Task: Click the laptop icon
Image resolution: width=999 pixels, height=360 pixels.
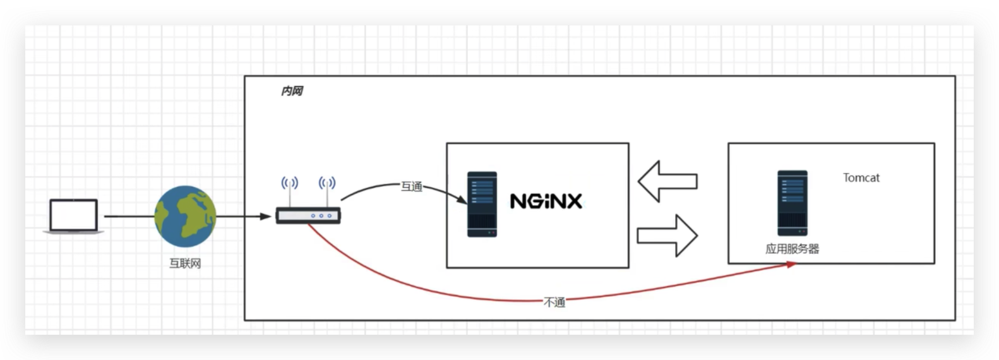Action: pos(74,216)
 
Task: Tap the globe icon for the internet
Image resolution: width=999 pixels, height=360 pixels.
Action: pos(185,217)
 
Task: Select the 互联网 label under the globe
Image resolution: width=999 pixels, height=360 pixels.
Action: pos(185,263)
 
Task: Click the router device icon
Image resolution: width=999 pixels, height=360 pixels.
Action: pos(308,215)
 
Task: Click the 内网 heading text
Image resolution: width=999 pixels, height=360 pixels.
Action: pos(292,92)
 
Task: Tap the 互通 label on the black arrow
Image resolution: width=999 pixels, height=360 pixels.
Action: pos(412,186)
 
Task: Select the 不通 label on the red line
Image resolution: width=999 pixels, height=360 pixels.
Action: pos(554,303)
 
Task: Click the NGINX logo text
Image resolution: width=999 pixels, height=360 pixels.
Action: pos(546,201)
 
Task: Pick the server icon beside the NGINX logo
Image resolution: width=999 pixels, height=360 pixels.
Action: pos(482,204)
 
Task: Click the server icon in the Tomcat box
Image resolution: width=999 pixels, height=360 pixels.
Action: pos(793,203)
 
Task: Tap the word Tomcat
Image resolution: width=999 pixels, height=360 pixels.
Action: pos(861,178)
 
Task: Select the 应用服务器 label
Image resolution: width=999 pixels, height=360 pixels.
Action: pos(792,249)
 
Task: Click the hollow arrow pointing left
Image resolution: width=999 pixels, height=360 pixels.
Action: pos(667,181)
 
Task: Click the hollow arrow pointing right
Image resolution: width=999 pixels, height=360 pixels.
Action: pos(667,235)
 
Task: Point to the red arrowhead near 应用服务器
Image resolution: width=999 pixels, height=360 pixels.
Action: pos(791,265)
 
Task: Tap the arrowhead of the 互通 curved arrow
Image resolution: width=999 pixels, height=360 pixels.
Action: pos(463,200)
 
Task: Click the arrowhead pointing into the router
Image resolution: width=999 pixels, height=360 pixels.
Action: pos(266,217)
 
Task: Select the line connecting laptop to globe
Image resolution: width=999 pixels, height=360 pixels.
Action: pos(129,217)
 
